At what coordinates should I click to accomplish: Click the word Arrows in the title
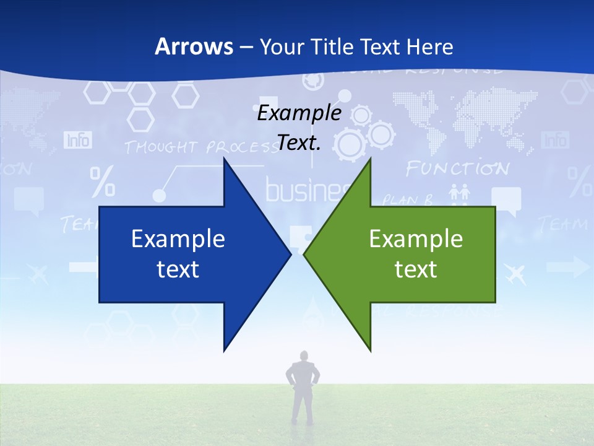(x=193, y=46)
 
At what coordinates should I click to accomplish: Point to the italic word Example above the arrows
(x=299, y=113)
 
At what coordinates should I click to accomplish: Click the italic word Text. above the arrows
(x=299, y=143)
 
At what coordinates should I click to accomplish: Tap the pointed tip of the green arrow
(x=305, y=254)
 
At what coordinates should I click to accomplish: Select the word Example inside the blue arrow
(x=178, y=239)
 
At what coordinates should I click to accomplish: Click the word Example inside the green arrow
(x=416, y=239)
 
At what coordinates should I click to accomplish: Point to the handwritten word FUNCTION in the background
(x=457, y=168)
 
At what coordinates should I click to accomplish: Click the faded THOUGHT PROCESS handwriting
(x=198, y=147)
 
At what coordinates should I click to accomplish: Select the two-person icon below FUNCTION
(x=459, y=193)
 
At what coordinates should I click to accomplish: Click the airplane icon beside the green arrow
(x=515, y=273)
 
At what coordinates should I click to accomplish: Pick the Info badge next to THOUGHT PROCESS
(x=78, y=140)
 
